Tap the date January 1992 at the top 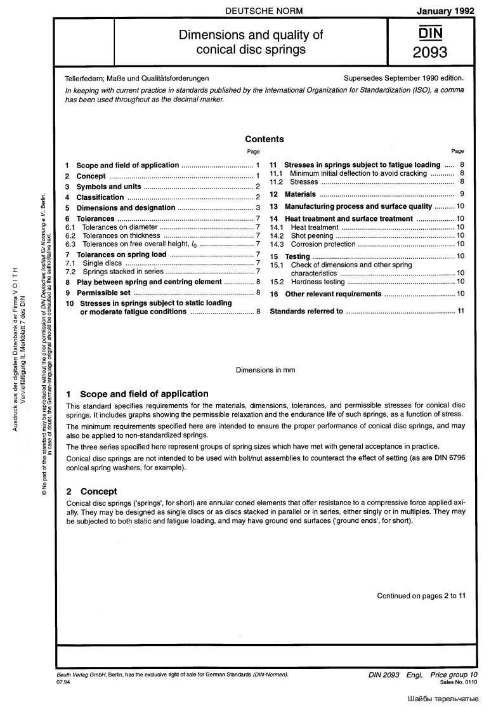pos(446,11)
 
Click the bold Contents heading pos(264,139)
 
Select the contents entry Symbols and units pos(108,187)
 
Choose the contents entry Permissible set pos(103,293)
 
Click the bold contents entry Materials pos(300,194)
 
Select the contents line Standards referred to pos(306,311)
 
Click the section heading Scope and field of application pos(144,393)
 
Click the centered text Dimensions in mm pos(265,369)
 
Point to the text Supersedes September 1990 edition pos(403,79)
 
